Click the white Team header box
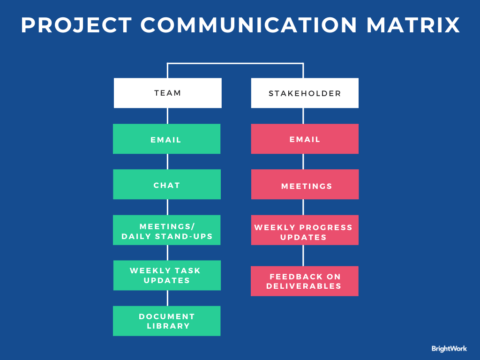click(167, 93)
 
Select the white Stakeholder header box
click(305, 93)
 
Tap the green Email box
click(167, 139)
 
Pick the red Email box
click(305, 139)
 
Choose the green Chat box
click(167, 184)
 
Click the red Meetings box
click(305, 184)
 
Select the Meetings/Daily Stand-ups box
click(167, 230)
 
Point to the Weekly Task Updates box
click(167, 275)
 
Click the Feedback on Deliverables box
click(305, 281)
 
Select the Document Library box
click(167, 321)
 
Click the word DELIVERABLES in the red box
click(305, 287)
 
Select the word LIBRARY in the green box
click(167, 327)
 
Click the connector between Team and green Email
click(167, 116)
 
